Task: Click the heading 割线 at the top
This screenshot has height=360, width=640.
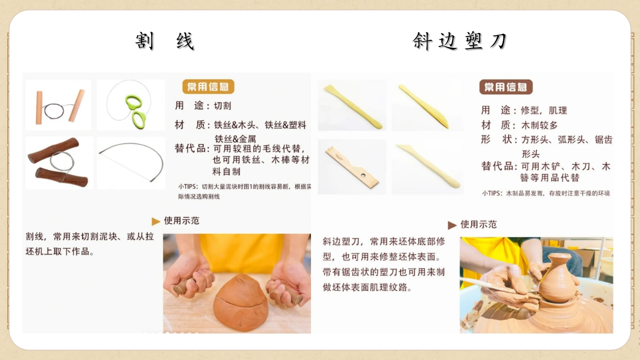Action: [x=165, y=41]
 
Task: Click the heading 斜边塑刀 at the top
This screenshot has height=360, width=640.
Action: [x=459, y=41]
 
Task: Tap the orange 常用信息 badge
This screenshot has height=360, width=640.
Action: [x=208, y=86]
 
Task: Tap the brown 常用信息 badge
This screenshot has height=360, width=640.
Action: [x=505, y=87]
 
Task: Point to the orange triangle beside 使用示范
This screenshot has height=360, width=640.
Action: [x=155, y=221]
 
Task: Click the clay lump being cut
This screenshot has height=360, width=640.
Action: [x=240, y=303]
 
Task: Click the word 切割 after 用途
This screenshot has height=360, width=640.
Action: [x=222, y=105]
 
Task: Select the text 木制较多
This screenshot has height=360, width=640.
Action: [x=539, y=125]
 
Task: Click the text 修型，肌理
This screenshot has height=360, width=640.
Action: [x=544, y=110]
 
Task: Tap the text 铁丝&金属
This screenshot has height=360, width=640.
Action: [x=235, y=139]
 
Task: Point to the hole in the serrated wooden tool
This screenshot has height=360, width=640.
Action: [x=363, y=175]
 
